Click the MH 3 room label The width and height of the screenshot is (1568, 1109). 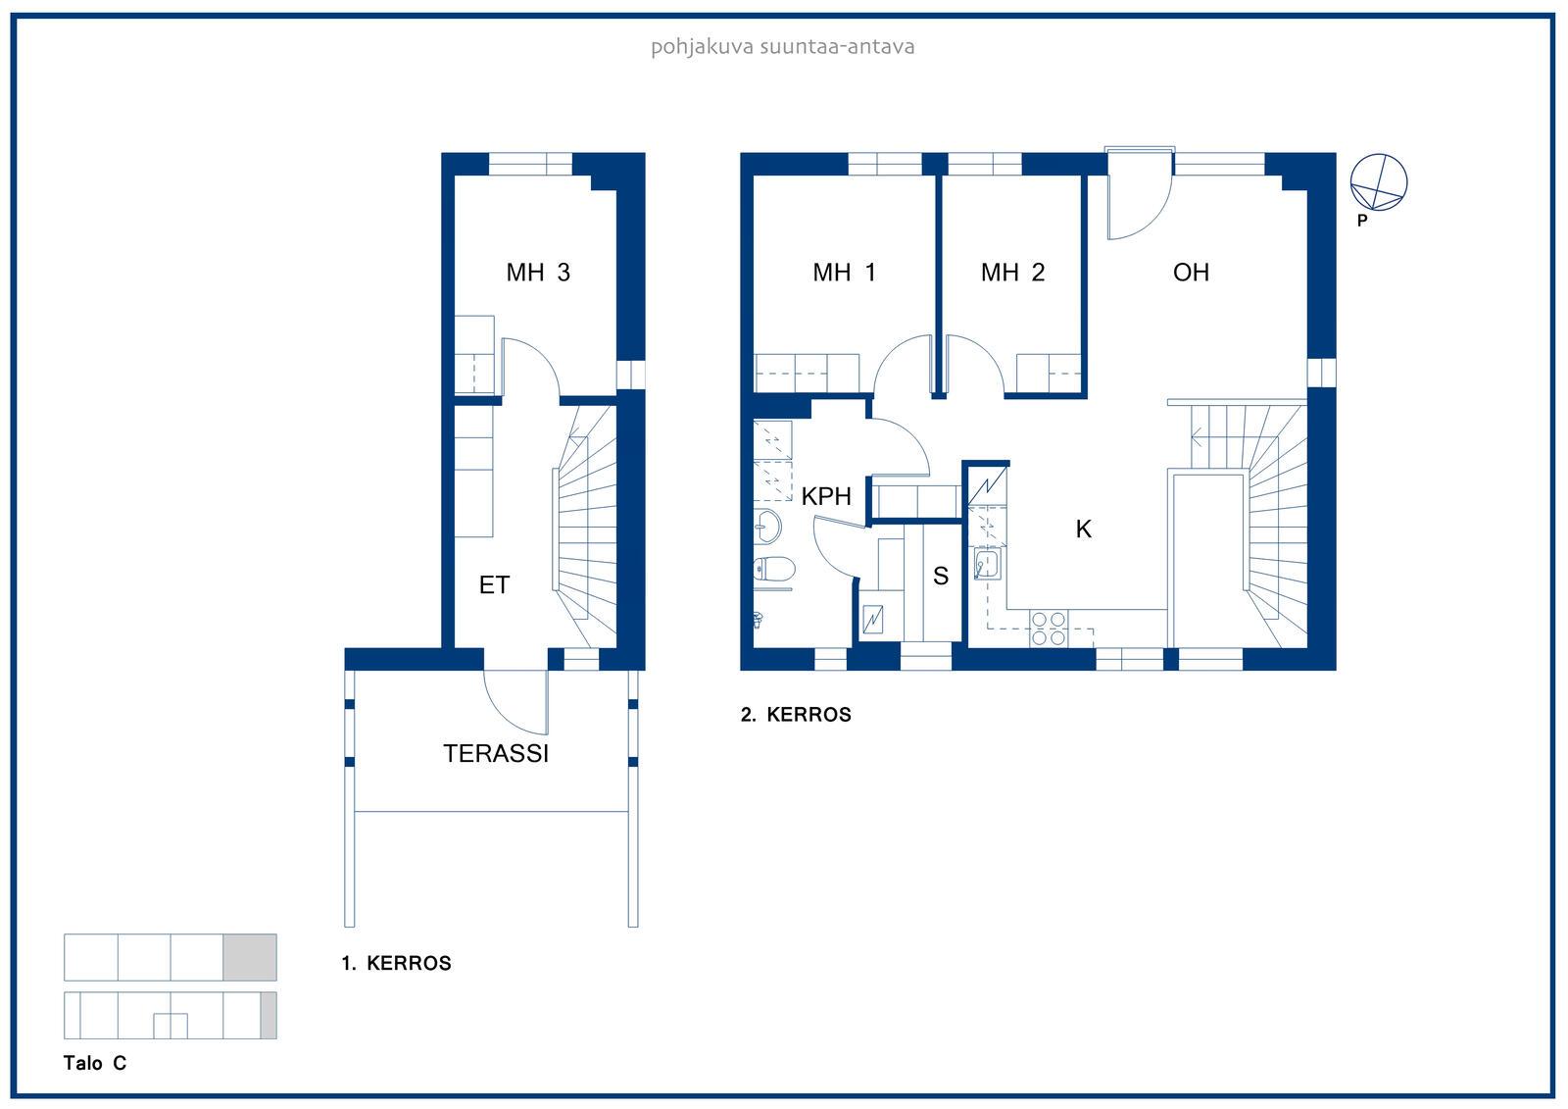[538, 273]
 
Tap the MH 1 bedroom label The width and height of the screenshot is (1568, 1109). [844, 273]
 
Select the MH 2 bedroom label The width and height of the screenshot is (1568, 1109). [1012, 273]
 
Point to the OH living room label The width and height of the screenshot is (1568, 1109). [1191, 273]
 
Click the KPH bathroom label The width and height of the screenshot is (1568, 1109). [826, 497]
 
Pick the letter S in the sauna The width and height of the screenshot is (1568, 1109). [941, 576]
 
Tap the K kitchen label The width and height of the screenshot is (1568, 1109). [1083, 529]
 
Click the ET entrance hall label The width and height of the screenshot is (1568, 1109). [494, 585]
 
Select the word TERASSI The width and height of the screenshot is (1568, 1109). [496, 754]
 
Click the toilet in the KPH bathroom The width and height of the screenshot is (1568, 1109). [774, 569]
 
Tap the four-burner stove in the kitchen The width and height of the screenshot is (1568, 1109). [1049, 630]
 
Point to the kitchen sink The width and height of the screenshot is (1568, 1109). [987, 564]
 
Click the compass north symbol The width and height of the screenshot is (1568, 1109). [1378, 182]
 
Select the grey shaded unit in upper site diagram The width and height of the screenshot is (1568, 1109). [250, 958]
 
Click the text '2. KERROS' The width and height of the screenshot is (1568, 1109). [796, 715]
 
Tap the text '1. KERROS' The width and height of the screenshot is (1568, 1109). [396, 963]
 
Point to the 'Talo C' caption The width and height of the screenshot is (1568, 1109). [95, 1064]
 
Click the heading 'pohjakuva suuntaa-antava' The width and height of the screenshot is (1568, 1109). [783, 47]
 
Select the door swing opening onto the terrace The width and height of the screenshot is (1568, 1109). [515, 703]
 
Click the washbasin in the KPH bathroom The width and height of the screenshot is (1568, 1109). [768, 527]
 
